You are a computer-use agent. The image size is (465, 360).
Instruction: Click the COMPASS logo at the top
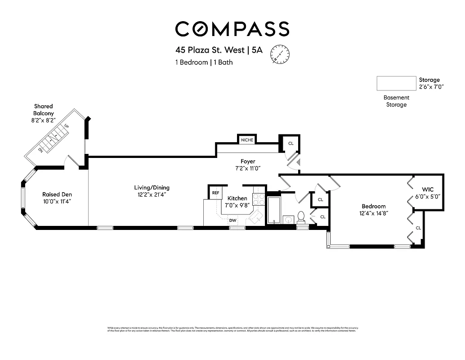click(232, 29)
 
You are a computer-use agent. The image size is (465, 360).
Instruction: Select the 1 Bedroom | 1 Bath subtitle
click(204, 63)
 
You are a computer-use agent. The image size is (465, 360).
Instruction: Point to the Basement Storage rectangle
click(396, 83)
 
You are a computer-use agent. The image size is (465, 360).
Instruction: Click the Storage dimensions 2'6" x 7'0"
click(431, 87)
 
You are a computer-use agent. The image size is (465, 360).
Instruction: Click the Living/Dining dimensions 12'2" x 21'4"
click(152, 194)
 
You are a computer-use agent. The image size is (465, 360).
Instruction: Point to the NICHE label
click(247, 140)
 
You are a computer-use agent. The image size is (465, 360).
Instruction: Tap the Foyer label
click(248, 161)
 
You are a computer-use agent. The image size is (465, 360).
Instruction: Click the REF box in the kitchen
click(215, 193)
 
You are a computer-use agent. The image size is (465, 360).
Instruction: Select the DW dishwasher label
click(232, 220)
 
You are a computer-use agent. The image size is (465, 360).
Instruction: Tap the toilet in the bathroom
click(301, 217)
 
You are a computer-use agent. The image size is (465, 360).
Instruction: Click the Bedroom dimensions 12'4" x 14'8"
click(373, 213)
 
